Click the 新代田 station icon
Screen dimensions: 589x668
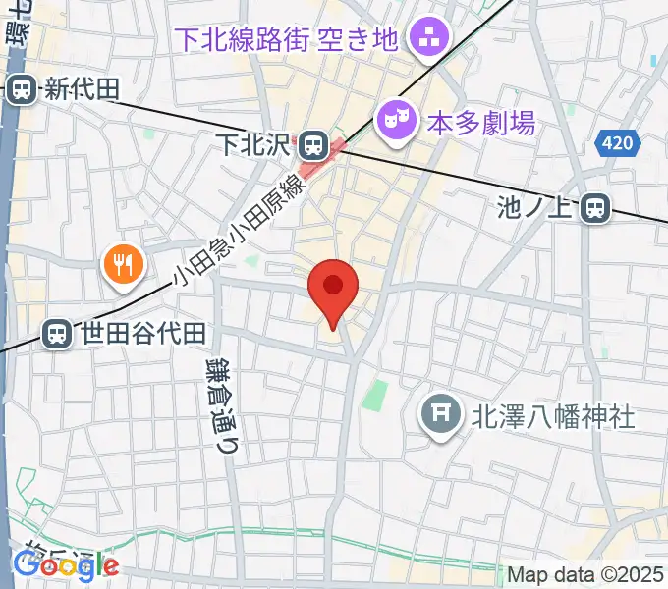[x=20, y=90]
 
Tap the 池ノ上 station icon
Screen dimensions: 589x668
[x=593, y=207]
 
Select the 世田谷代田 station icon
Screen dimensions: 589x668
[x=59, y=334]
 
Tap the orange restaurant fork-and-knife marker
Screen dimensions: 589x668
[x=123, y=263]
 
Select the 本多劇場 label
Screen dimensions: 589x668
[x=481, y=123]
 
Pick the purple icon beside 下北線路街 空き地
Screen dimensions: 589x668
[x=427, y=40]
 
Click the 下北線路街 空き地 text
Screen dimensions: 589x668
[x=286, y=39]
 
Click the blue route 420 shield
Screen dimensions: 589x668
[x=616, y=144]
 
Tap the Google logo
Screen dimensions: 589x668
[x=66, y=565]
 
